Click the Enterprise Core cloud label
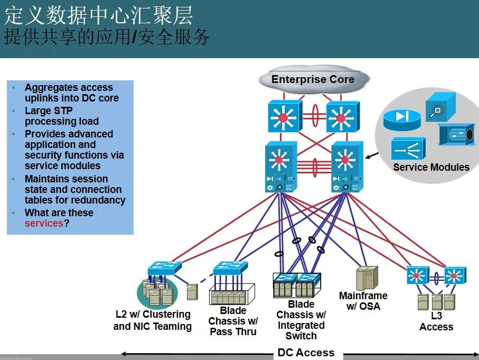pyautogui.click(x=313, y=80)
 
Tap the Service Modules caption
pyautogui.click(x=431, y=168)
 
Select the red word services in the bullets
pyautogui.click(x=44, y=224)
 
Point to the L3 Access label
pyautogui.click(x=436, y=321)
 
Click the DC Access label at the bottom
pyautogui.click(x=306, y=353)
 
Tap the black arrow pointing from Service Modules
pyautogui.click(x=372, y=156)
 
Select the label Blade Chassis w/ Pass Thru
pyautogui.click(x=233, y=321)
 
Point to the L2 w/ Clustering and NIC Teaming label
pyautogui.click(x=153, y=320)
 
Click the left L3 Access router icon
pyautogui.click(x=417, y=275)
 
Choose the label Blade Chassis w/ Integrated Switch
pyautogui.click(x=301, y=320)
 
